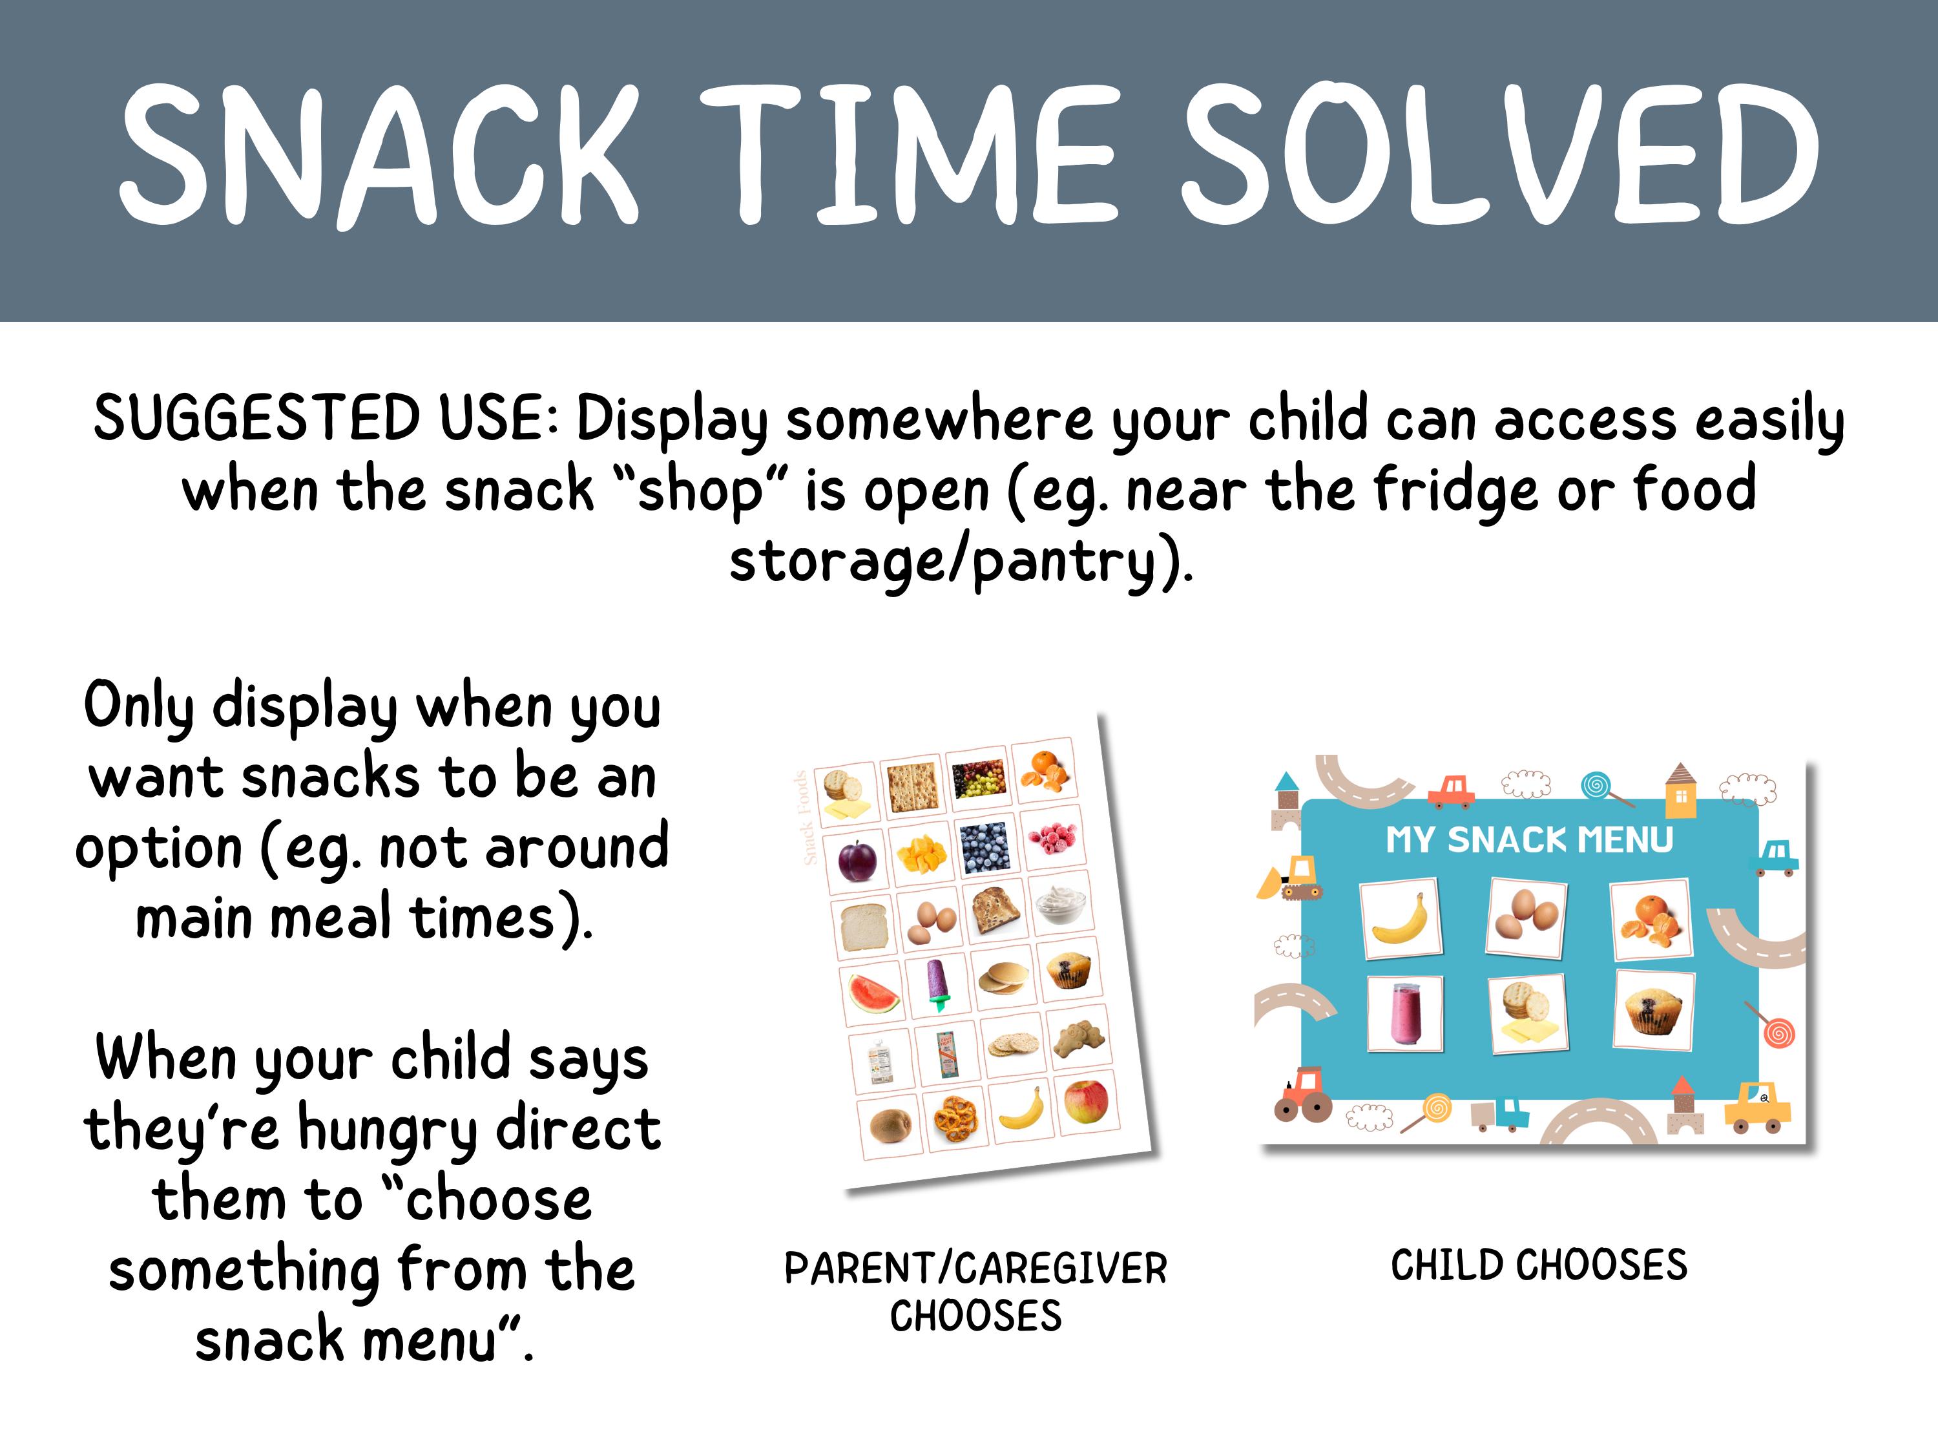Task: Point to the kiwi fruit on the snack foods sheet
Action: (888, 1122)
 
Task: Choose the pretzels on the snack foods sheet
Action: (956, 1117)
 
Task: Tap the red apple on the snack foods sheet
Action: (1087, 1101)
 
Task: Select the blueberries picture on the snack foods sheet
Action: (985, 847)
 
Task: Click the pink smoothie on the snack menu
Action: (1404, 1013)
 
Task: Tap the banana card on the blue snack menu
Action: (1400, 920)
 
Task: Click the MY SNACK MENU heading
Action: (1529, 839)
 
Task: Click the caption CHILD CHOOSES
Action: (1539, 1265)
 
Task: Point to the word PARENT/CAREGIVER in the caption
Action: (975, 1268)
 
